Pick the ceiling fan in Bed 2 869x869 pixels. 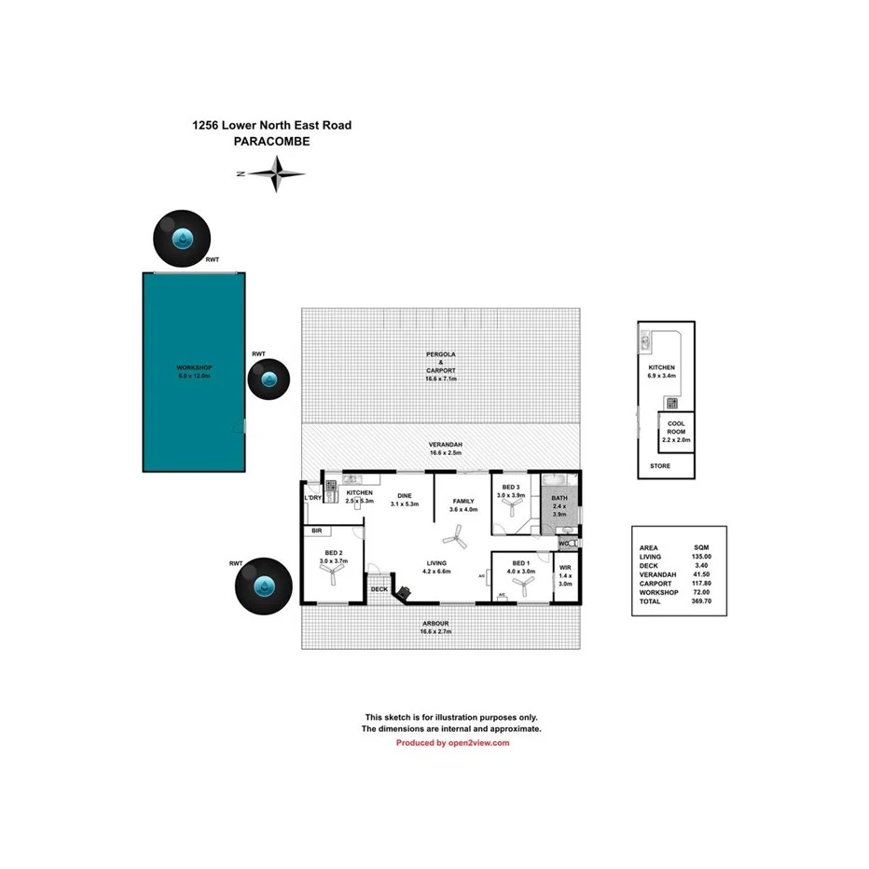point(332,575)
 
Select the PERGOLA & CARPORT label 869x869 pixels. point(440,367)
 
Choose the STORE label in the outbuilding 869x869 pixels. point(659,466)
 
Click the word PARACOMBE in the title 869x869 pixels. point(271,142)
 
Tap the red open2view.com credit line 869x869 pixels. point(452,743)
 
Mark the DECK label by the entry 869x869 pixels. point(379,589)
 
